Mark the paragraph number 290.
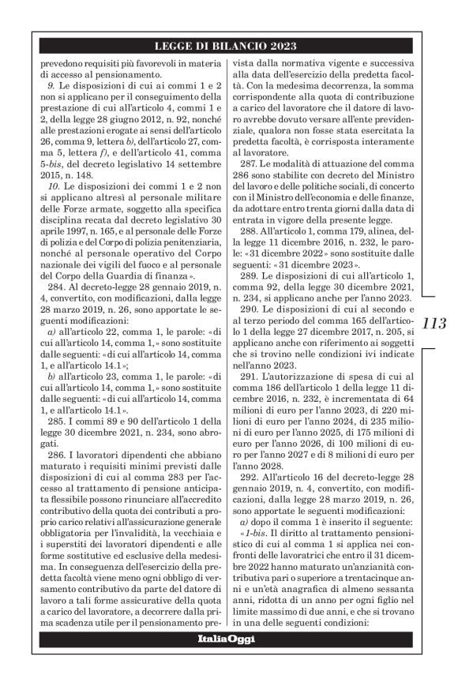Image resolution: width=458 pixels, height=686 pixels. point(253,312)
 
